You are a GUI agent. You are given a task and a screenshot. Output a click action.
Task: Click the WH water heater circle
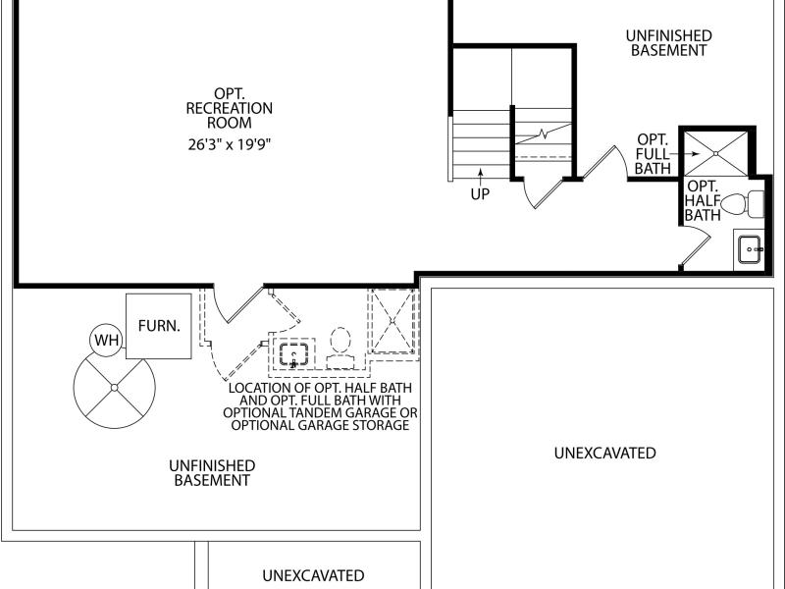106,340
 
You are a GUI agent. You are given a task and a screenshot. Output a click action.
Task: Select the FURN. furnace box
158,326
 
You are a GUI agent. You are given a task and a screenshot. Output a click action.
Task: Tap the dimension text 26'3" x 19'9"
230,144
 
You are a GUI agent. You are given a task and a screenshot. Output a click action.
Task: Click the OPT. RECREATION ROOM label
230,108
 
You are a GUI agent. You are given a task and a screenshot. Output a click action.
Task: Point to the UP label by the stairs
480,193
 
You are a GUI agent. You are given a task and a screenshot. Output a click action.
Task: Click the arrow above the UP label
481,177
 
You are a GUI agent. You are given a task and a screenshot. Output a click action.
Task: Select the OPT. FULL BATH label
653,154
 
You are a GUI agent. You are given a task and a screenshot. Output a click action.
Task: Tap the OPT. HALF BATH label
703,201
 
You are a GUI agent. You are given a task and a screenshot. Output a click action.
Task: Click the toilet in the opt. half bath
743,204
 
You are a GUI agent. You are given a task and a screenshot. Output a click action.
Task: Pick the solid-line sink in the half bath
750,249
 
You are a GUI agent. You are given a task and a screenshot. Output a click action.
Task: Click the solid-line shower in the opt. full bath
716,153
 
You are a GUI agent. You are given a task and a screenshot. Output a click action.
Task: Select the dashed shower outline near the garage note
393,321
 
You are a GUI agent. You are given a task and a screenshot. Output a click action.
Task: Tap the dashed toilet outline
340,348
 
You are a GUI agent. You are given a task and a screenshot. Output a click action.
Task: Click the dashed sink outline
293,354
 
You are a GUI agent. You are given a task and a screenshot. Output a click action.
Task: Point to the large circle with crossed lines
114,387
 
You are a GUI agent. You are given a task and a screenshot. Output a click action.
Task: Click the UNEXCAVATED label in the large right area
604,453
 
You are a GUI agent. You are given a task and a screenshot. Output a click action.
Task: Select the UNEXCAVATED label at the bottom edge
313,575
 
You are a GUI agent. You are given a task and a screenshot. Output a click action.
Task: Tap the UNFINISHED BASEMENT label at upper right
669,43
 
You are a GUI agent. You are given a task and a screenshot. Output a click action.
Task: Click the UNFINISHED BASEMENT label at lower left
212,473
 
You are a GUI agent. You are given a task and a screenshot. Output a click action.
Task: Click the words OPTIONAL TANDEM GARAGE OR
320,413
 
